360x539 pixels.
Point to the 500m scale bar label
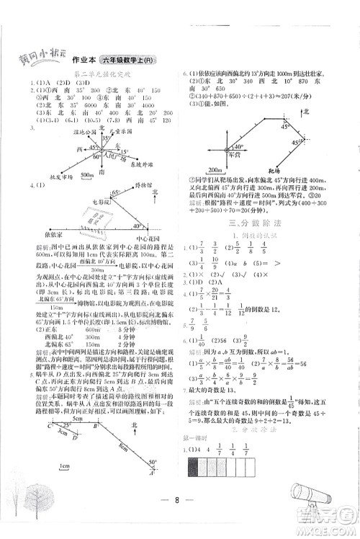click(89, 174)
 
